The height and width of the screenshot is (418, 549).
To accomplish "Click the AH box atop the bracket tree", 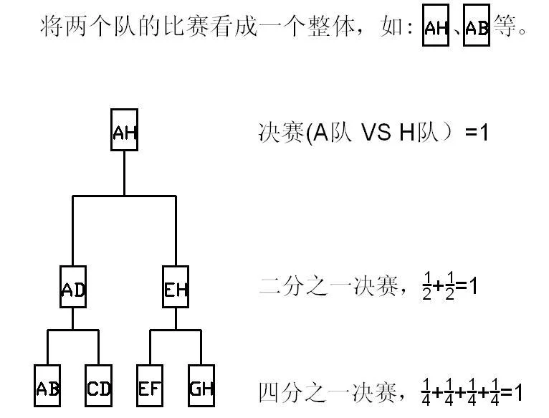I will point(124,130).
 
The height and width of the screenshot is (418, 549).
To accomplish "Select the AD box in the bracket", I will point(73,288).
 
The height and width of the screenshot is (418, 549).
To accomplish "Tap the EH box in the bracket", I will point(176,288).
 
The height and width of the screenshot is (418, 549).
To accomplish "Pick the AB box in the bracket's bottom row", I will point(47,388).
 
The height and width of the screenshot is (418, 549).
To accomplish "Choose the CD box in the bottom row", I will point(98,388).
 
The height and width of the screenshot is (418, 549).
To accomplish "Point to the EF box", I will point(150,388).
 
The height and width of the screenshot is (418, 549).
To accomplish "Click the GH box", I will point(201,388).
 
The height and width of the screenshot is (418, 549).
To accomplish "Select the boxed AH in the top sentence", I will point(436,27).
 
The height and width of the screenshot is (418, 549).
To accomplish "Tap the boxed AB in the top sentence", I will point(477,27).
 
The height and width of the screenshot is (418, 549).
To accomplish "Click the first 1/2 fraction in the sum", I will point(427,288).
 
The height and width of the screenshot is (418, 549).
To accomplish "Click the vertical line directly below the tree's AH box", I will point(124,172).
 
